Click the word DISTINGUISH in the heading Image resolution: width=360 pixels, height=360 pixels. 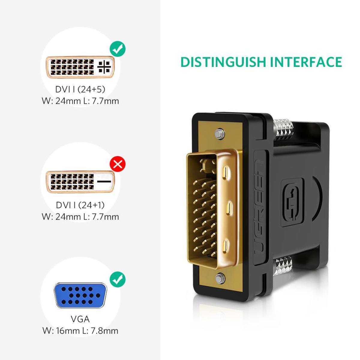coord(223,62)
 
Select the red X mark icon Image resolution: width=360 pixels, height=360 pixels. coord(118,164)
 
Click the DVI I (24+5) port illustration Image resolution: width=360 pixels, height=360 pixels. coord(80,67)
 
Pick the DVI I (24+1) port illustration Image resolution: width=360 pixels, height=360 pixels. coord(80,181)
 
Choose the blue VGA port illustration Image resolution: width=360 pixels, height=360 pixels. coord(80,295)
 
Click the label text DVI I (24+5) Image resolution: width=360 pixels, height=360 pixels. coord(80,89)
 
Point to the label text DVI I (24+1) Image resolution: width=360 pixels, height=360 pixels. coord(80,205)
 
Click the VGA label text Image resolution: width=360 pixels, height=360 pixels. coord(80,319)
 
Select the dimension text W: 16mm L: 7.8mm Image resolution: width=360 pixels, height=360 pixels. coord(80,331)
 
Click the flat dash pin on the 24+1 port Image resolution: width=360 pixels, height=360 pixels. coord(104,181)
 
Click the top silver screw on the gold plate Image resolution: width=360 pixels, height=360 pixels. coord(220,134)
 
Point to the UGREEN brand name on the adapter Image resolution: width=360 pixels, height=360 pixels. coord(260,208)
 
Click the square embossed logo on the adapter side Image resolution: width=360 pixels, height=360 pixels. coord(292,202)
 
